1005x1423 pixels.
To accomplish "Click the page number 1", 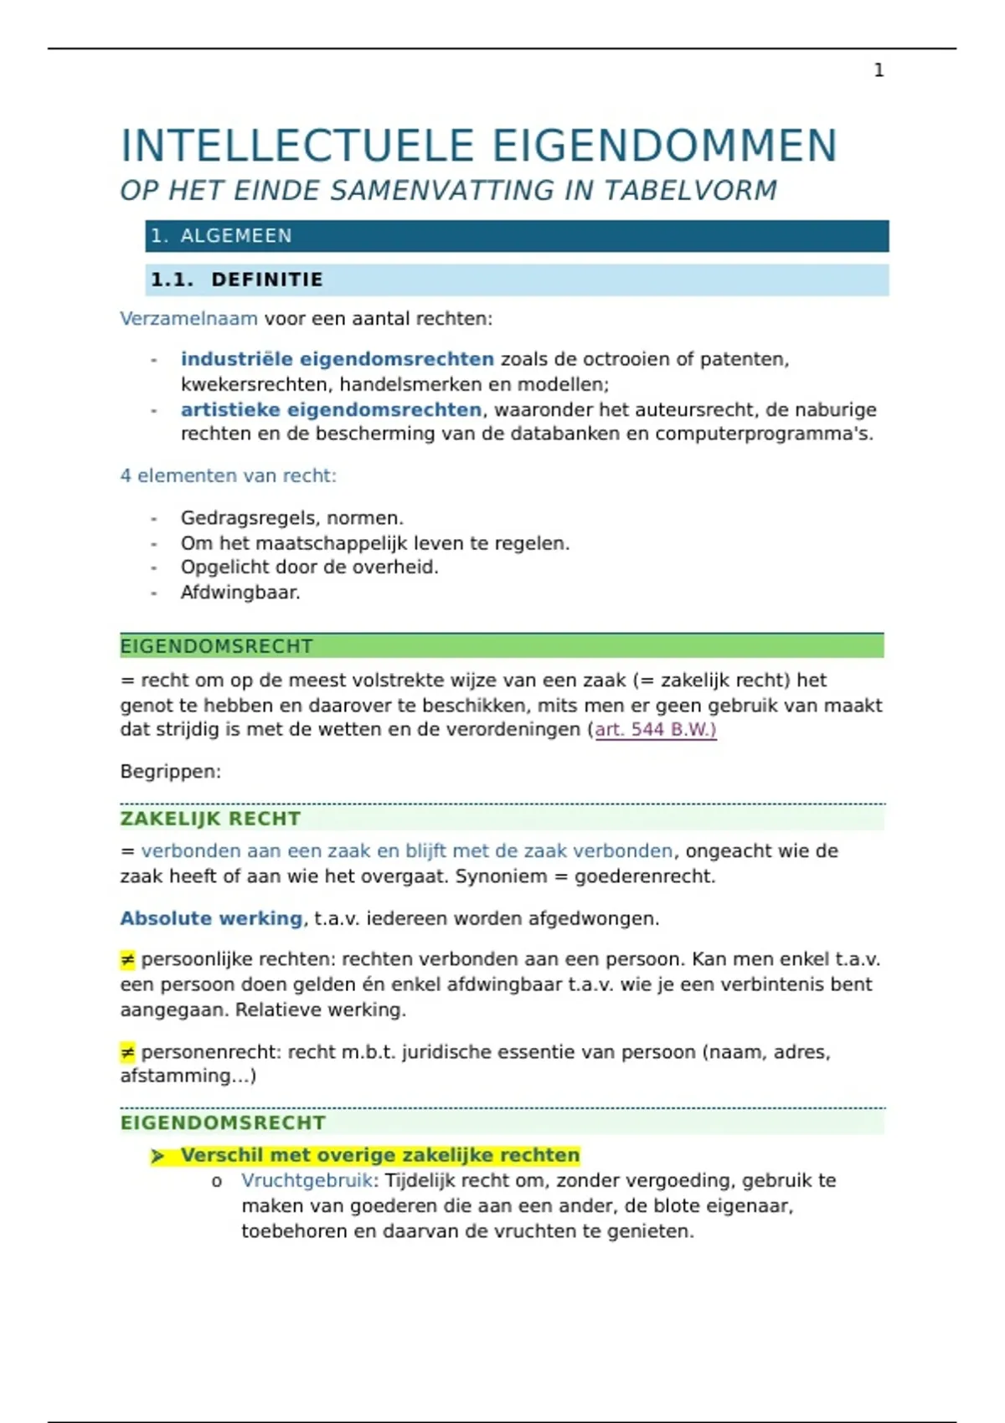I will click(879, 70).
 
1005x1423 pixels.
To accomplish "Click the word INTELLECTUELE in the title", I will click(298, 146).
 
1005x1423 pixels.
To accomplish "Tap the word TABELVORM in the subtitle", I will click(690, 191).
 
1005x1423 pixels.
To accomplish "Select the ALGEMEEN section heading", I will click(236, 236).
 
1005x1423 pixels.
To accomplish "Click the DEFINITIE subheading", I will click(266, 280).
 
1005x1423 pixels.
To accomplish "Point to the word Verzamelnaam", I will click(188, 319).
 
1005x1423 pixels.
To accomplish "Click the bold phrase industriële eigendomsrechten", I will click(337, 359).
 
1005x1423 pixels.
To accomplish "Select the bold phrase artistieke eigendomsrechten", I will click(331, 409).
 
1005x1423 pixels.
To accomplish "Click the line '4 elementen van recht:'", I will click(228, 475).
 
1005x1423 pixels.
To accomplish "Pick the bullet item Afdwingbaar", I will click(240, 593).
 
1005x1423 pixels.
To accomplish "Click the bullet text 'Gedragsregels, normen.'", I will click(291, 518).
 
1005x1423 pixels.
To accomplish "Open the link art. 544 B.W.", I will click(655, 729).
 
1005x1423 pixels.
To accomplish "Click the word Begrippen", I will click(170, 771).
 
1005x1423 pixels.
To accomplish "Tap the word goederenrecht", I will click(645, 876).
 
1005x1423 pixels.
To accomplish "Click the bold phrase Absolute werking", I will click(211, 918).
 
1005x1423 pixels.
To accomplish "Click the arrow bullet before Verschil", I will click(157, 1156).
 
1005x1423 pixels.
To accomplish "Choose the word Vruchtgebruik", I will click(307, 1181).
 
